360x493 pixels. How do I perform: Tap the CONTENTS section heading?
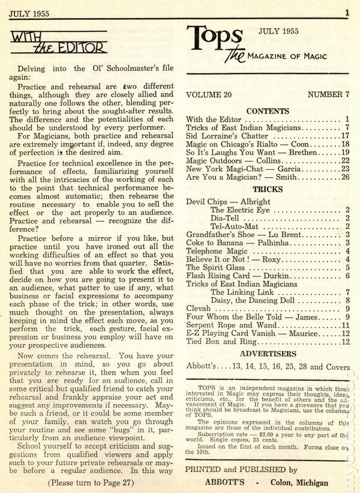268,111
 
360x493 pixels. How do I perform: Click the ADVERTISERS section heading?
268,354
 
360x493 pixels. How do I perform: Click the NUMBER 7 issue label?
329,95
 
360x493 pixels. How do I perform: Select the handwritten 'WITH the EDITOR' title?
59,43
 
